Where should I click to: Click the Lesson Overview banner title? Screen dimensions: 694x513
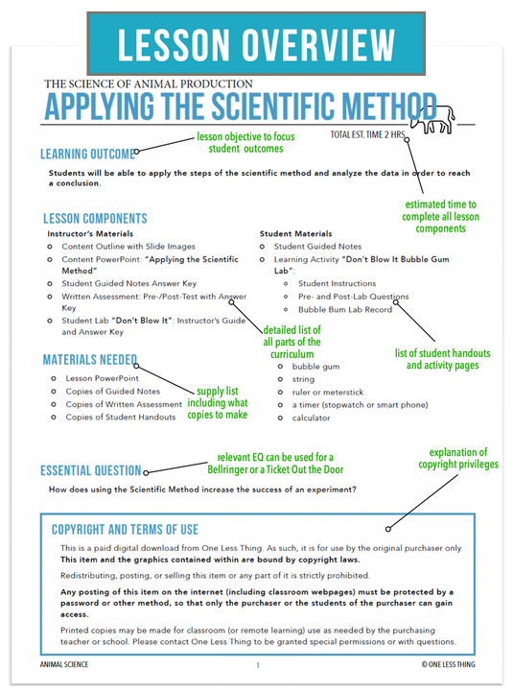(x=256, y=44)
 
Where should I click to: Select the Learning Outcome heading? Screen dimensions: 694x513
(x=85, y=154)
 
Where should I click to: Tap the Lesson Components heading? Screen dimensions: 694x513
(x=95, y=219)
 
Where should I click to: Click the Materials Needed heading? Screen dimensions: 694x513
(x=89, y=360)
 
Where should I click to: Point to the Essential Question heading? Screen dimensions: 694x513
(x=90, y=470)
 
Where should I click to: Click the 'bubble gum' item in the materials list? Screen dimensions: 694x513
(x=315, y=367)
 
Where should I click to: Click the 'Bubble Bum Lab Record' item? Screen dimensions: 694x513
(x=344, y=309)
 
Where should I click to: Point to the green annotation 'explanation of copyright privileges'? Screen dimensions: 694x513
(x=457, y=459)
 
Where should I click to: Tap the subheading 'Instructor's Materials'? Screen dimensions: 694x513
(x=91, y=233)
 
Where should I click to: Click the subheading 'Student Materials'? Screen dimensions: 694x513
(x=296, y=233)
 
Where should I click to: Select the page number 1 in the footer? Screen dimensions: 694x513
(x=257, y=664)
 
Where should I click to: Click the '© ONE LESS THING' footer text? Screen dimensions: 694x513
(x=447, y=664)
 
